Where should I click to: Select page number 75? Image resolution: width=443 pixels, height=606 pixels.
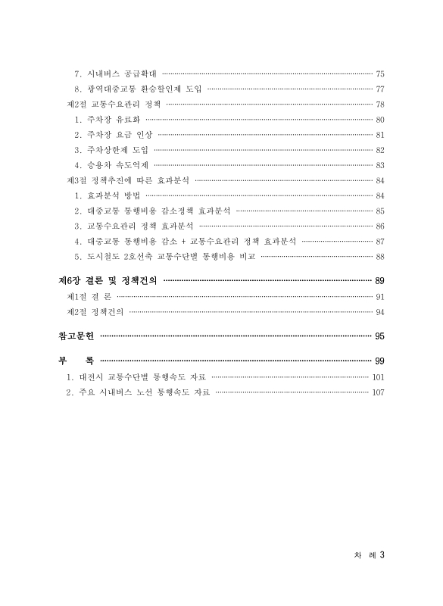coord(380,74)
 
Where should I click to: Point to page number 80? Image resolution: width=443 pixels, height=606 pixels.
coord(380,120)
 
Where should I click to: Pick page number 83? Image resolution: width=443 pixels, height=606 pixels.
coord(380,165)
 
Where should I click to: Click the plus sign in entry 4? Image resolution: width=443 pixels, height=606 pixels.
coord(184,241)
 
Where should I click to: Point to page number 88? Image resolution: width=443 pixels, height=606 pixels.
coord(380,256)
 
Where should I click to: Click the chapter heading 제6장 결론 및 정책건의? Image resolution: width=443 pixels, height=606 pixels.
coord(108,280)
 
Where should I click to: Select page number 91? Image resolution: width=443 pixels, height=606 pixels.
coord(380,297)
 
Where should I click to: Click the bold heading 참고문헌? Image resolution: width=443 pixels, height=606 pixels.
coord(78,336)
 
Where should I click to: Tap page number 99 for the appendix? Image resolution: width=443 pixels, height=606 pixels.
coord(380,360)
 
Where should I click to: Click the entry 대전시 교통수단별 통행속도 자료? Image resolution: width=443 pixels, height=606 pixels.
coord(140,376)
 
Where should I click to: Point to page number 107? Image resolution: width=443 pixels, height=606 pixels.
coord(379,392)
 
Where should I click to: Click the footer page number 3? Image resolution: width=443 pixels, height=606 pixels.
coord(383,554)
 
